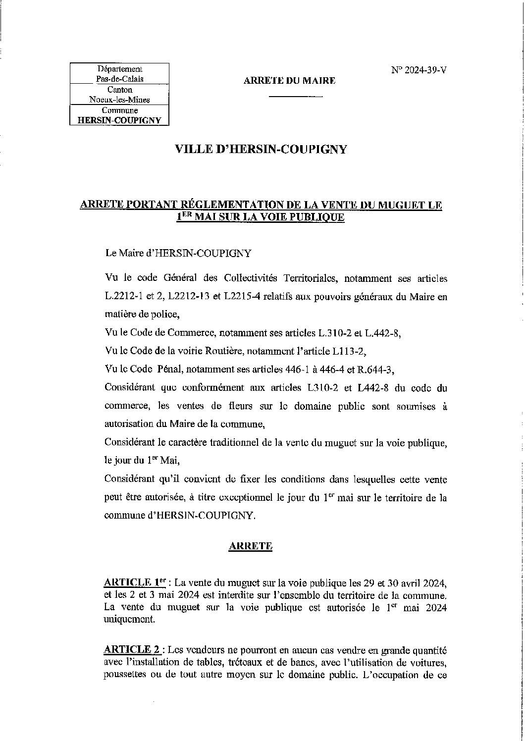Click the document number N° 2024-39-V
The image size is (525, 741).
(x=419, y=70)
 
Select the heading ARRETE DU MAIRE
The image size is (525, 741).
(x=290, y=80)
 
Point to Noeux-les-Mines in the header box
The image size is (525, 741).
(x=119, y=100)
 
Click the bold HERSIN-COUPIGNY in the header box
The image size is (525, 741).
(x=120, y=120)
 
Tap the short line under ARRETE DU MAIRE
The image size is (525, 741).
(x=296, y=96)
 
